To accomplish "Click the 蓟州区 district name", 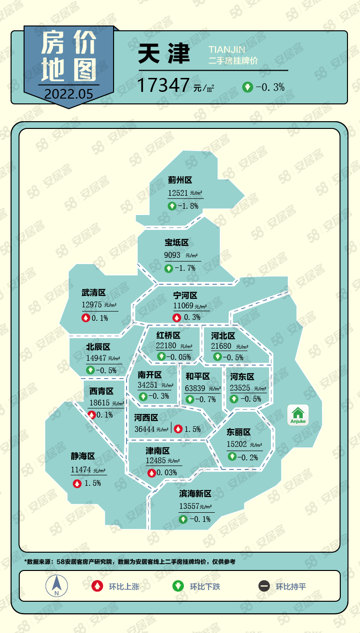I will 180,180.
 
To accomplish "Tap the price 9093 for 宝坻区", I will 172,255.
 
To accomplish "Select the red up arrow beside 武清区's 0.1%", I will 86,318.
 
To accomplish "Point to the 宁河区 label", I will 185,295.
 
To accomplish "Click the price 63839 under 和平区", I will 195,388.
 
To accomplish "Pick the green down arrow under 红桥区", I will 161,357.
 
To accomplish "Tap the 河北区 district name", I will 223,336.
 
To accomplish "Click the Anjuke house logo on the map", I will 298,415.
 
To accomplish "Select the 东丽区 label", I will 239,432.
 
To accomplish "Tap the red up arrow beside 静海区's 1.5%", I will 77,483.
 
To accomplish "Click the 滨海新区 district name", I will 195,494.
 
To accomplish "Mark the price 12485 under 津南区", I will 155,461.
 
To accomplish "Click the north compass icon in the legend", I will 56,586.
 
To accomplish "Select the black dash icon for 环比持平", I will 264,586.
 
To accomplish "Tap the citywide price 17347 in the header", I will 163,86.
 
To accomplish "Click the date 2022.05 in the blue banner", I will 68,94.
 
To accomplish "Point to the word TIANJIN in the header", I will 227,50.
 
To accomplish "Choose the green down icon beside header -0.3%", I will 247,88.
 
